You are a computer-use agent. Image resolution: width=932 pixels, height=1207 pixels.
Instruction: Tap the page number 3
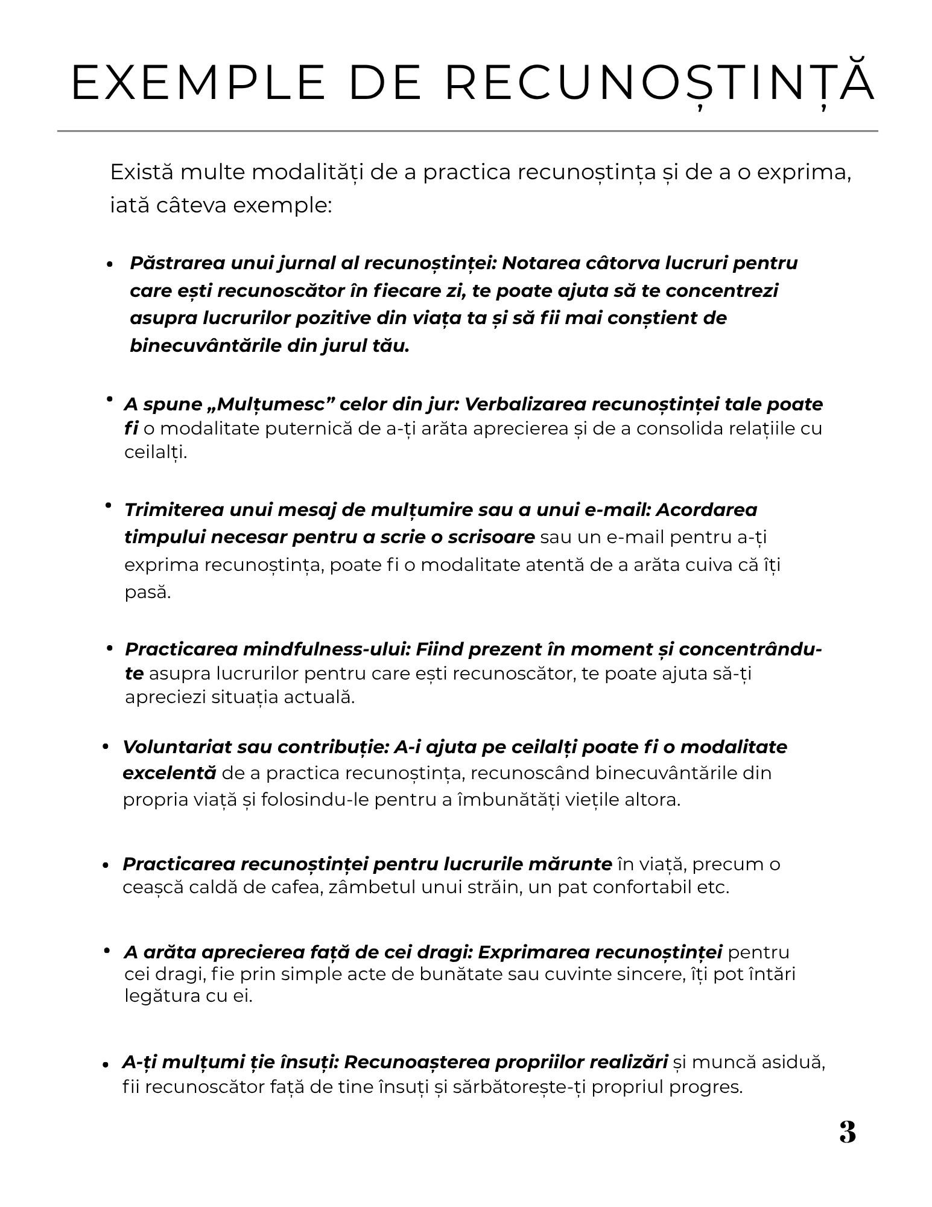tap(848, 1132)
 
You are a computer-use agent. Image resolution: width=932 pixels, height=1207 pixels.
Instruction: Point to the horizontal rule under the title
tap(468, 130)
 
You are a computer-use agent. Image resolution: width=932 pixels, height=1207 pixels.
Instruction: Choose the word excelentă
tap(169, 773)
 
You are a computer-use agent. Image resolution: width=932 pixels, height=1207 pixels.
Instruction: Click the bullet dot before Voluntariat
tap(106, 748)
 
